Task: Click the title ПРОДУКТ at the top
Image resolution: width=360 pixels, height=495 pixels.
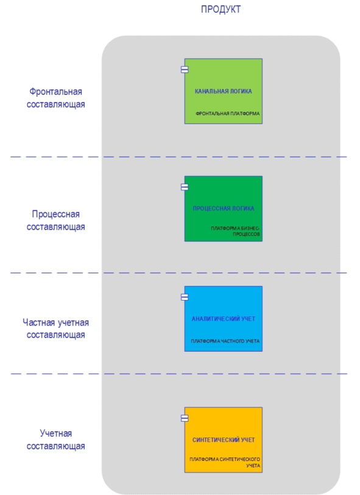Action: pyautogui.click(x=221, y=9)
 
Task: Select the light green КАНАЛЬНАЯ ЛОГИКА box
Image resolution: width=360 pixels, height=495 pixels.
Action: pyautogui.click(x=224, y=91)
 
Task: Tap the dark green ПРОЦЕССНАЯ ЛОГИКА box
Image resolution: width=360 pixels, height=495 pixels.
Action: pyautogui.click(x=224, y=208)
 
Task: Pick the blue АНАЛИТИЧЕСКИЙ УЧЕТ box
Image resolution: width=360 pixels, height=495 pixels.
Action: pyautogui.click(x=224, y=319)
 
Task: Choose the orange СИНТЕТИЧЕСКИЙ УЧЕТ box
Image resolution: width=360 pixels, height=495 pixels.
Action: pyautogui.click(x=224, y=440)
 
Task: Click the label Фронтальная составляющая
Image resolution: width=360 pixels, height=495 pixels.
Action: pyautogui.click(x=56, y=98)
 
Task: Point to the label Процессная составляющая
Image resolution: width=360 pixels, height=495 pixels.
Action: pyautogui.click(x=56, y=220)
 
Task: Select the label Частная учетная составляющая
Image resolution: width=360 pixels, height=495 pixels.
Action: pyautogui.click(x=56, y=329)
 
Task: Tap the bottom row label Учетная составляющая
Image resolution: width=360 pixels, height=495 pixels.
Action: pyautogui.click(x=56, y=440)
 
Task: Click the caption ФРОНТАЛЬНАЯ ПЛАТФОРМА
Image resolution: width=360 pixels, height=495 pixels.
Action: pyautogui.click(x=227, y=113)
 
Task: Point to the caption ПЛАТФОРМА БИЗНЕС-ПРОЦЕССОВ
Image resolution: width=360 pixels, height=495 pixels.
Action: pyautogui.click(x=235, y=231)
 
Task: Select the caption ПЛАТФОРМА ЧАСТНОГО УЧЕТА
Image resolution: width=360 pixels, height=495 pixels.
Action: pyautogui.click(x=225, y=341)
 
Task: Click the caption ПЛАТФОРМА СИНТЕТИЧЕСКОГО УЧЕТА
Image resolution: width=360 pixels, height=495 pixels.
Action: pyautogui.click(x=225, y=462)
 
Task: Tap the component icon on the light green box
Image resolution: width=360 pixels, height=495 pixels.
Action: pyautogui.click(x=185, y=69)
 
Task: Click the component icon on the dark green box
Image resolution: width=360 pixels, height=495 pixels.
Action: pyautogui.click(x=185, y=187)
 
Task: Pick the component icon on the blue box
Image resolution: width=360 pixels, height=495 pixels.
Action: pyautogui.click(x=185, y=297)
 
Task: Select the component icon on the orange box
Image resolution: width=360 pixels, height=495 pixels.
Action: pyautogui.click(x=185, y=418)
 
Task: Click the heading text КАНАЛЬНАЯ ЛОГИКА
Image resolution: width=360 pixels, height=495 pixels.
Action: pyautogui.click(x=224, y=91)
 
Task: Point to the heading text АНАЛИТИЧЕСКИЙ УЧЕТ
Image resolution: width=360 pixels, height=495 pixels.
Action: pyautogui.click(x=224, y=319)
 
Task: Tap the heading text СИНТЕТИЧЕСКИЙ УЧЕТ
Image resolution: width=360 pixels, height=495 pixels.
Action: pyautogui.click(x=224, y=440)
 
